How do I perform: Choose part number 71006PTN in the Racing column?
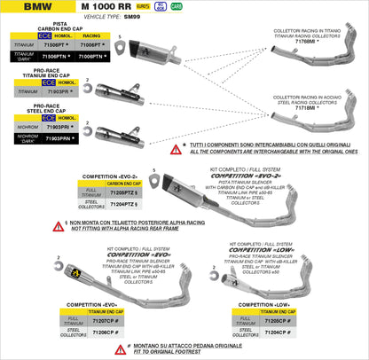(x=91, y=55)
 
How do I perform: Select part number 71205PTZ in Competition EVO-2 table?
(x=123, y=192)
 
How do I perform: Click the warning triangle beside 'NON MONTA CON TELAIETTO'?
(x=58, y=226)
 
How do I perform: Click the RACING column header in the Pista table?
(x=91, y=35)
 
